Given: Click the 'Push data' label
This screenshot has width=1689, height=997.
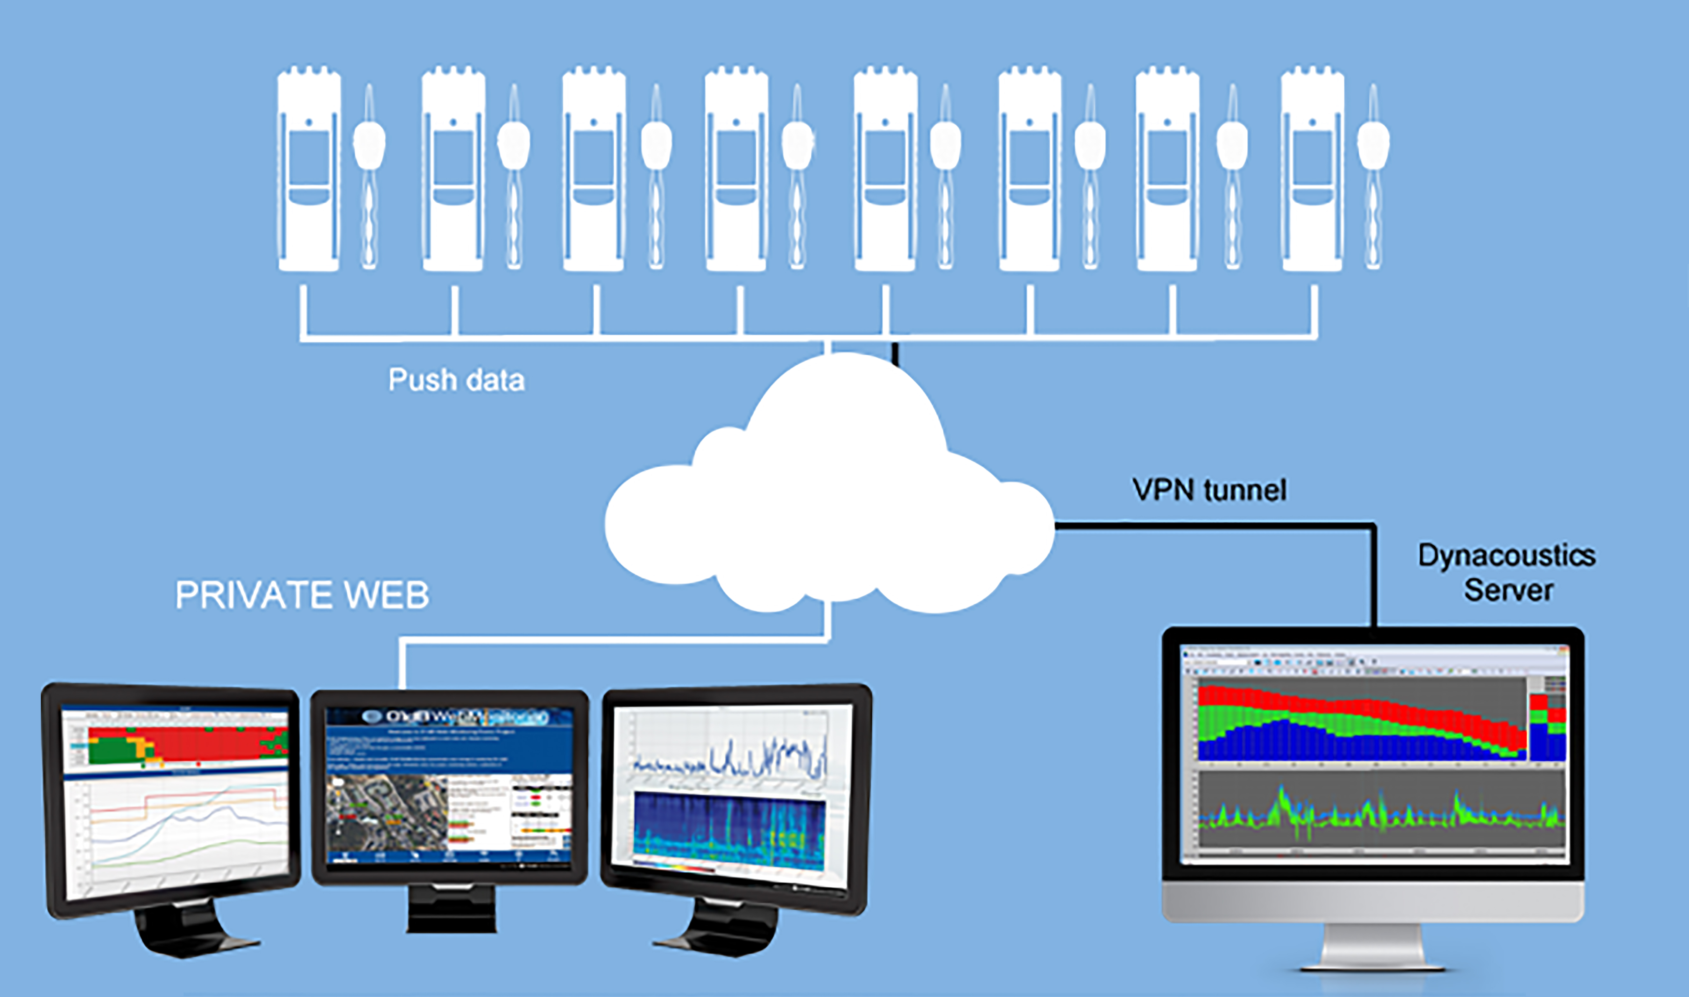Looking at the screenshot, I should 456,380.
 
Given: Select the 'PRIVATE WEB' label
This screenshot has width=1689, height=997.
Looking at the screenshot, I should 302,595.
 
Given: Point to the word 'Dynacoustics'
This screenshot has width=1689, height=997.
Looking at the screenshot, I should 1506,556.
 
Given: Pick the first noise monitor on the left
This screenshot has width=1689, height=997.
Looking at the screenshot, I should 309,171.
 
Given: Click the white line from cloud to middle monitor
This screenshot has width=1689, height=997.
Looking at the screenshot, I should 605,640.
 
